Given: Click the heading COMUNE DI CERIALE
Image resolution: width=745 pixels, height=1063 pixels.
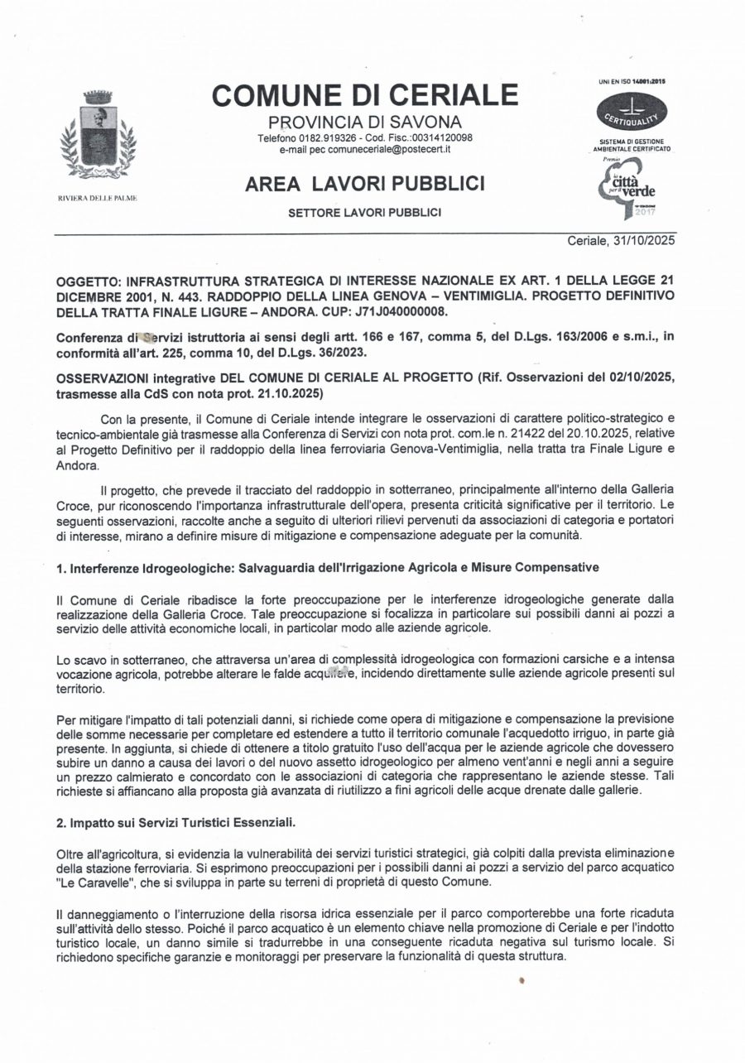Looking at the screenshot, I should point(365,95).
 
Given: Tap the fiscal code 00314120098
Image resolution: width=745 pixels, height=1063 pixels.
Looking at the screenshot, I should point(440,137).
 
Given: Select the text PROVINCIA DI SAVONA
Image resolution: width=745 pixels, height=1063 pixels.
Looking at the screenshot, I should point(365,123).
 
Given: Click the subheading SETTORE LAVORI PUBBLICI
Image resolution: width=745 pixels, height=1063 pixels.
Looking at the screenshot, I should point(364,213).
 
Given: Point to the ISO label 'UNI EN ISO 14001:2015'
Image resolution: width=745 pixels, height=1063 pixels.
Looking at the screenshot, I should point(632,82).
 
